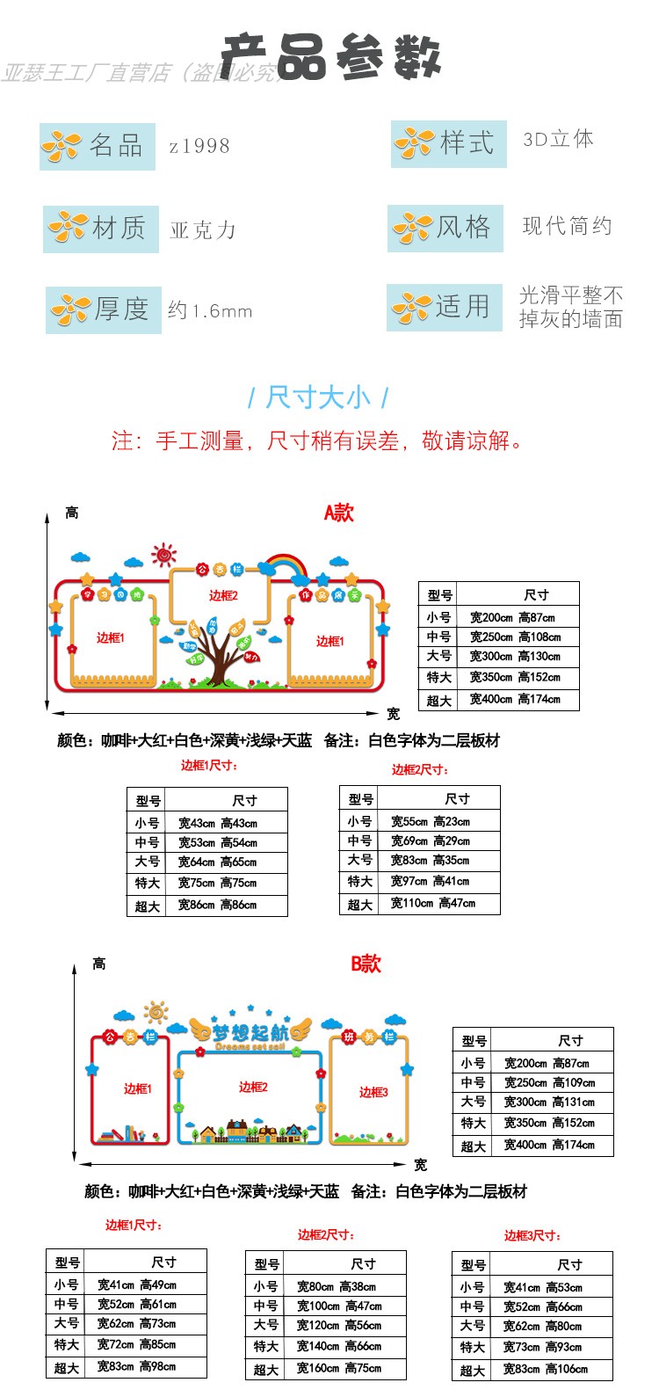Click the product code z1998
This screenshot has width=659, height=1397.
[199, 146]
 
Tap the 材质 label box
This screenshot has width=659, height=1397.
[101, 229]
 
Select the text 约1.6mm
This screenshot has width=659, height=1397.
[210, 310]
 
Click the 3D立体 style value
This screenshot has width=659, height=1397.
[558, 140]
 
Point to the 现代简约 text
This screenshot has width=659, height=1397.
[567, 227]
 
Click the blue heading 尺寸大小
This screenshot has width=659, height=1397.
[318, 397]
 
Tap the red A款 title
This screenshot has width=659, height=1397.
[338, 513]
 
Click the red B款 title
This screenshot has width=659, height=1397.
[366, 964]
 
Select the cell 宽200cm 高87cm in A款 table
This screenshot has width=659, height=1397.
[512, 617]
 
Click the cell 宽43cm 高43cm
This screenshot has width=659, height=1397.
[218, 823]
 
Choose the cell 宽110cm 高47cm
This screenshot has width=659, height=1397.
[433, 903]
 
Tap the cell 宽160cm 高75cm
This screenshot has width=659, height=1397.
[339, 1368]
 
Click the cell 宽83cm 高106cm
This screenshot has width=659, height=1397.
[546, 1369]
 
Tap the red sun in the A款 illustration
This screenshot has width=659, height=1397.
[163, 555]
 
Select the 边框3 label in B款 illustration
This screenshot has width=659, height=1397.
[373, 1092]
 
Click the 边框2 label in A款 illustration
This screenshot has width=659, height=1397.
[223, 595]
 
